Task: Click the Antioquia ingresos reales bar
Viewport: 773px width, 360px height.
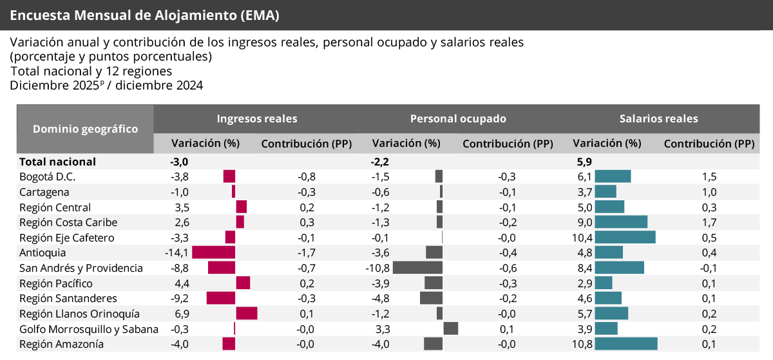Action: [x=214, y=252]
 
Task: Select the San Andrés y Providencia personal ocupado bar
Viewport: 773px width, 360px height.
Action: [x=417, y=268]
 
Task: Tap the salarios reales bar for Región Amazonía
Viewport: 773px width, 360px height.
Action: [x=626, y=344]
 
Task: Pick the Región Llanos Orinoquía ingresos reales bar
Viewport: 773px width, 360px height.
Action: [x=247, y=314]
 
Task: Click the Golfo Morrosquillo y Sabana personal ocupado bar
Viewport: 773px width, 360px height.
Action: [x=451, y=329]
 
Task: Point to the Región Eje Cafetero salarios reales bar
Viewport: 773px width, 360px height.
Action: [x=625, y=238]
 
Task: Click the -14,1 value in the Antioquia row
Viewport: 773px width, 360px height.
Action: [x=177, y=252]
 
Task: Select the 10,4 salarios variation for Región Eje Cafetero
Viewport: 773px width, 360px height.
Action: [x=582, y=238]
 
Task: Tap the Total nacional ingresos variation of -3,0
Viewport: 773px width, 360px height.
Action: [x=179, y=162]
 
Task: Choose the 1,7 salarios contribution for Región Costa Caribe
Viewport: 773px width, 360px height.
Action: [x=709, y=222]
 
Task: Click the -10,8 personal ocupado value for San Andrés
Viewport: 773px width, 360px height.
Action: [x=378, y=268]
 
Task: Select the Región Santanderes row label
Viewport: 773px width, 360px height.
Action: [x=68, y=298]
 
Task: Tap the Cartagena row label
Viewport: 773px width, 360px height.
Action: [x=44, y=192]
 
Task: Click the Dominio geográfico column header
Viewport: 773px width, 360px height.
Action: [x=85, y=129]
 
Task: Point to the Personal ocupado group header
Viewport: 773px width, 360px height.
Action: [x=458, y=118]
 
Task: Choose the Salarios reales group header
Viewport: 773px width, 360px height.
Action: [x=658, y=118]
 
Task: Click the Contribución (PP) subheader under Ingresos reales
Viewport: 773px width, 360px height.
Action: [x=306, y=144]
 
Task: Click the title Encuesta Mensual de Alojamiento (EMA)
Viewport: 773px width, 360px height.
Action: [x=145, y=15]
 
